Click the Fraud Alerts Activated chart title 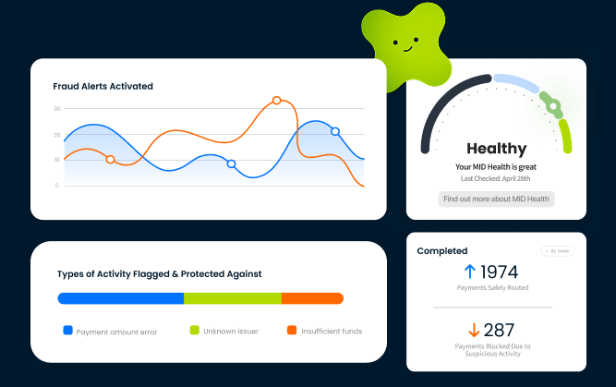[x=103, y=86]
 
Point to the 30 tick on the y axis [x=56, y=109]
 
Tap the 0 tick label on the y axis [x=57, y=186]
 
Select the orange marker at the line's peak [x=276, y=100]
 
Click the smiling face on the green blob [x=405, y=42]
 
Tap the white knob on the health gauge [x=553, y=106]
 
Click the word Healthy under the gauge [x=496, y=148]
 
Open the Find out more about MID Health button [x=496, y=199]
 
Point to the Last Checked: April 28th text [x=496, y=178]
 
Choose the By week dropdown [x=557, y=251]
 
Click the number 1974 [x=500, y=272]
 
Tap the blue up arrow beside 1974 [x=469, y=272]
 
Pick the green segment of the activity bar [x=232, y=298]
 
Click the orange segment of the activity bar [x=312, y=298]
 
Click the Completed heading [x=442, y=250]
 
